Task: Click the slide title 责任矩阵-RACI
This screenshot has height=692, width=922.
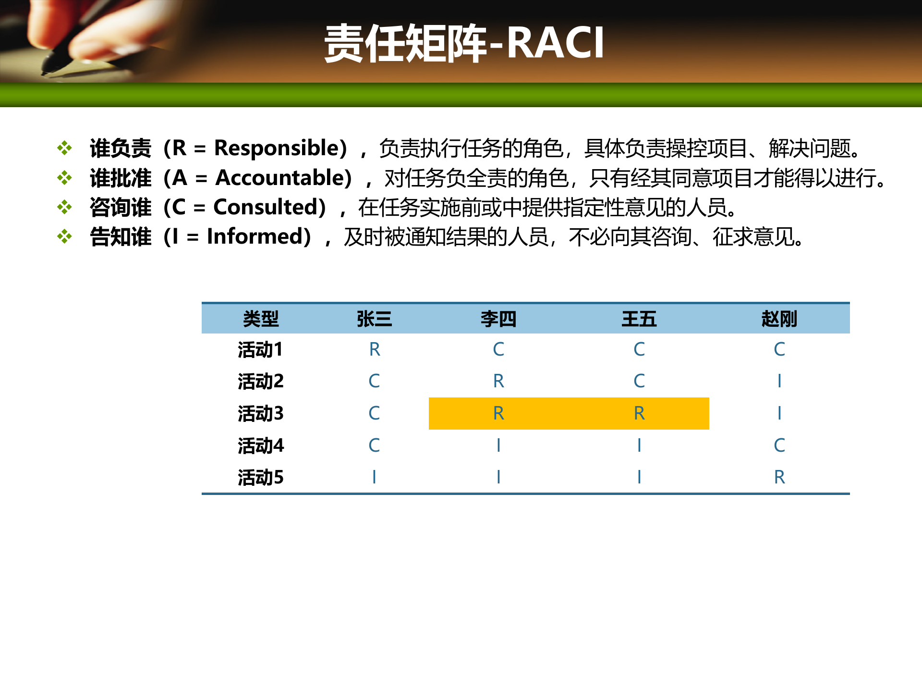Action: pos(464,43)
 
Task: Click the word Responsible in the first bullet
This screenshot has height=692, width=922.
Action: pos(277,148)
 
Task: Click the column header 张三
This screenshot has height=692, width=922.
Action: pos(374,319)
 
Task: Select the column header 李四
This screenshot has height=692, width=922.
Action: pos(498,319)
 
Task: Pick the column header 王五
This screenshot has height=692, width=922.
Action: pos(639,319)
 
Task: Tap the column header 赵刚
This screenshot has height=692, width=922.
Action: pos(779,319)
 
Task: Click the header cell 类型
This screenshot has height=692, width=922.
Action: pos(260,319)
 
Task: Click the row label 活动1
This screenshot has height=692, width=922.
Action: pos(260,349)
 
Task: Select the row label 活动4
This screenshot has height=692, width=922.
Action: pos(260,445)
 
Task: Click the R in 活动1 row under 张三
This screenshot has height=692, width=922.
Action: pos(375,349)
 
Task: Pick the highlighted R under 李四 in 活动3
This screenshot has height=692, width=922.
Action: pos(498,413)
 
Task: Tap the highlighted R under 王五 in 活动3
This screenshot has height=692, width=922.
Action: pos(639,413)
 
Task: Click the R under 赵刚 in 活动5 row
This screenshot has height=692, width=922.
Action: pos(779,477)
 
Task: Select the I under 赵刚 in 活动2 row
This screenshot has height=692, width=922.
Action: pos(779,381)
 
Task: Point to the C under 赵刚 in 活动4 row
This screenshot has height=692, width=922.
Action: pos(779,445)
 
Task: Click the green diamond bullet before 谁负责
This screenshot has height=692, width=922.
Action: pos(64,148)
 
